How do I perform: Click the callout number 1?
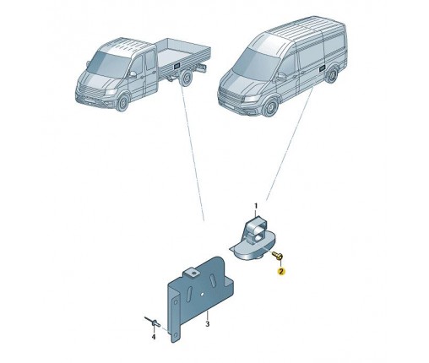click(x=256, y=207)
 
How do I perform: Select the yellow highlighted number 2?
click(x=281, y=271)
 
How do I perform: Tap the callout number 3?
click(x=208, y=324)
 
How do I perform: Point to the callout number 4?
click(x=154, y=337)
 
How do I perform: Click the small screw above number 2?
click(x=278, y=255)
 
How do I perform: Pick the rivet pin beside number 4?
click(x=153, y=322)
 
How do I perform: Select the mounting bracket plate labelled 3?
click(x=201, y=298)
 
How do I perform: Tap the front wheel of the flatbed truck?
click(x=122, y=102)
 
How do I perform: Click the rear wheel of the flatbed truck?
click(x=186, y=78)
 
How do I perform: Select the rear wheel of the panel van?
click(x=333, y=74)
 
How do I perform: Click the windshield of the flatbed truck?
click(x=108, y=64)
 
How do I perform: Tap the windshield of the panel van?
click(x=254, y=65)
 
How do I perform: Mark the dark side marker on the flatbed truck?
click(x=177, y=67)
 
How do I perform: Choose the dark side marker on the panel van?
click(x=322, y=68)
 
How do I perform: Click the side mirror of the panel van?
click(x=281, y=77)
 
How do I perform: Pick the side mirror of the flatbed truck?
click(x=133, y=74)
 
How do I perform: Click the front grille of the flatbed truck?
click(x=89, y=92)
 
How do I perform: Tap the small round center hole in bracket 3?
click(x=202, y=294)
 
